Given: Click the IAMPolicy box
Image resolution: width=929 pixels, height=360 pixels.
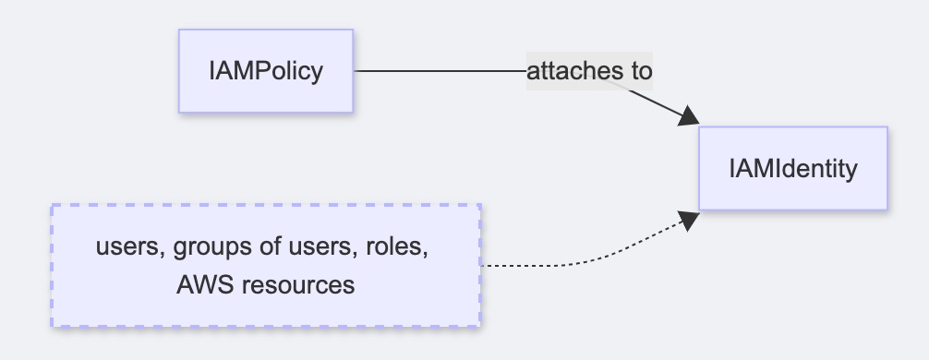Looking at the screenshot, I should pos(266,71).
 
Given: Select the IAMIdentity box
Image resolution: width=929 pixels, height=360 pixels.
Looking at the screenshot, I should pos(792,169).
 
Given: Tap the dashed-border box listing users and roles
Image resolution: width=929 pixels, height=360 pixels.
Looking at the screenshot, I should pos(265,266).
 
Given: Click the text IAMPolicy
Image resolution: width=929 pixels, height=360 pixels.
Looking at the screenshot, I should pos(266,71).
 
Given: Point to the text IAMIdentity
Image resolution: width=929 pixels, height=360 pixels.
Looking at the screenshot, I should pos(792,169).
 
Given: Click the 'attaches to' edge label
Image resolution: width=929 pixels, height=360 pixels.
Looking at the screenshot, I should pos(589,71).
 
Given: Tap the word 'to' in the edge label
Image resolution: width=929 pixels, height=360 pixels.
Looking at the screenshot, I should pos(641,71).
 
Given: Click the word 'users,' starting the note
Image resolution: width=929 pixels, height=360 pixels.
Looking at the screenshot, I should pos(123,249).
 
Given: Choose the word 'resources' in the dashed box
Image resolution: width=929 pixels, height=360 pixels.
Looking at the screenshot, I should pos(297,284).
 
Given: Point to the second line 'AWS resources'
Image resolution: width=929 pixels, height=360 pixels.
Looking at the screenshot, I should pos(266,284).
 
